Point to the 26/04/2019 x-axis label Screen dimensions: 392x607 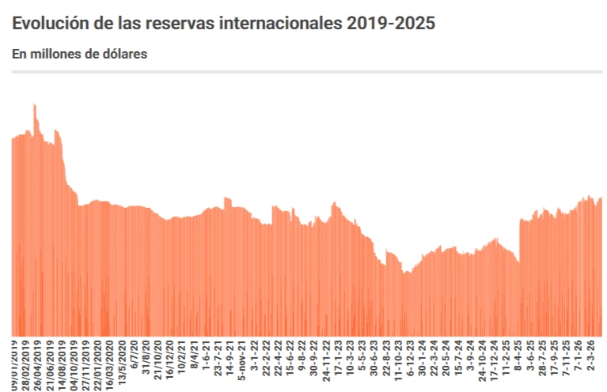[x=38, y=364]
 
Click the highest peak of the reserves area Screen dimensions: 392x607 [x=34, y=105]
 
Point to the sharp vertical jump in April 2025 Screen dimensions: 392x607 [x=519, y=237]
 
